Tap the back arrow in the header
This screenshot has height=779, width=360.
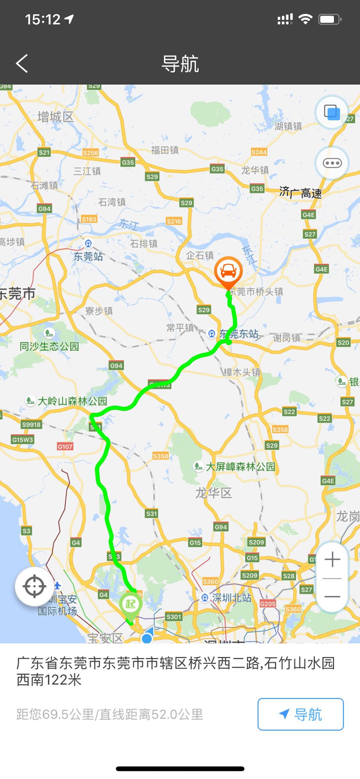(22, 64)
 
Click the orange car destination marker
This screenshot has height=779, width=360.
(228, 272)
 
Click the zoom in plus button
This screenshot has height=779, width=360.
(332, 559)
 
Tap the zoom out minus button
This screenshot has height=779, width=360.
(332, 596)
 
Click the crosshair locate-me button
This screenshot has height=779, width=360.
(34, 586)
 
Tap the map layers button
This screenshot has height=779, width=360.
(331, 112)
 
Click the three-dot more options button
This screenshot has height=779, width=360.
(332, 163)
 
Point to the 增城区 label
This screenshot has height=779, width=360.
(56, 116)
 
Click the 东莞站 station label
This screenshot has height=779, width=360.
(88, 256)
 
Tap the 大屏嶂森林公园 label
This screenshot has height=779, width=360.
(240, 466)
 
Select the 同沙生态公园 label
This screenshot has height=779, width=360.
(49, 346)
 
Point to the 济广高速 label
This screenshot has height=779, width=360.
(301, 193)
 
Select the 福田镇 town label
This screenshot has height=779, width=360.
(165, 150)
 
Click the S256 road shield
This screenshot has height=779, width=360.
(90, 153)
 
